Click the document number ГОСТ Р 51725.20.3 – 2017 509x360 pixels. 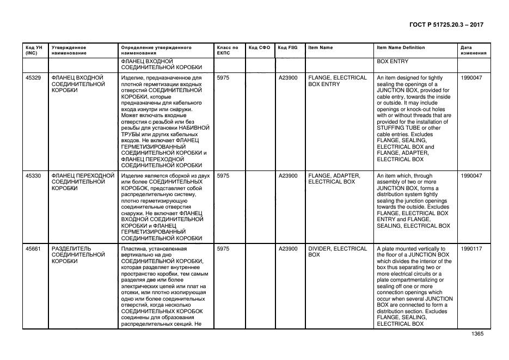click(x=445, y=25)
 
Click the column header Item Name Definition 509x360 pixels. click(x=401, y=47)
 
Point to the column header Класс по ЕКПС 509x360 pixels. click(x=228, y=50)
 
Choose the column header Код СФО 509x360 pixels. click(x=259, y=47)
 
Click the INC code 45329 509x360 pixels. click(x=33, y=78)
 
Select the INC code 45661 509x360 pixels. click(x=33, y=248)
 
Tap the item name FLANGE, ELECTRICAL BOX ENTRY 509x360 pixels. click(x=337, y=81)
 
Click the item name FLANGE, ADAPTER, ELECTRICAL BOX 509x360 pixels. click(x=334, y=179)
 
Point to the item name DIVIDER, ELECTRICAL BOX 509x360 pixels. click(x=337, y=252)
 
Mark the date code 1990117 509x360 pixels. click(x=471, y=248)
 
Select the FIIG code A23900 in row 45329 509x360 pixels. click(x=288, y=78)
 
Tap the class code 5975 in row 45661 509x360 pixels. click(x=223, y=248)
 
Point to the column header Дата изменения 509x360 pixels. click(x=471, y=50)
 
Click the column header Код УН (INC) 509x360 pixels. click(x=32, y=50)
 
